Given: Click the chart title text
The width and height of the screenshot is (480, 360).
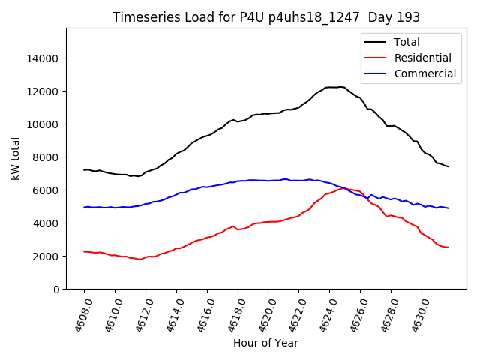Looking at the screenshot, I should tap(266, 17).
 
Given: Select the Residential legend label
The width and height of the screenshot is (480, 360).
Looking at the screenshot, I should tap(423, 58).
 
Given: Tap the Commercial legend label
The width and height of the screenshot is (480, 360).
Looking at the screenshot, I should tap(425, 73).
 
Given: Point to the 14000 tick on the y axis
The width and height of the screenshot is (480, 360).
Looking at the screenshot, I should tap(43, 58).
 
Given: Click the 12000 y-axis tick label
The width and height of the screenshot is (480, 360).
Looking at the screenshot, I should tap(43, 91).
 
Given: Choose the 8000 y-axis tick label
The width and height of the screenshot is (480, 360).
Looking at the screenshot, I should tap(46, 157).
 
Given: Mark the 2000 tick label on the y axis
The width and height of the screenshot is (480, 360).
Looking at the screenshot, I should tap(46, 256).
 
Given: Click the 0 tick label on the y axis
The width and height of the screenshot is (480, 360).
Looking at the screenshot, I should tap(56, 289).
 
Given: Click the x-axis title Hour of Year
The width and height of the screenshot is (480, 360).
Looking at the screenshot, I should tap(265, 343).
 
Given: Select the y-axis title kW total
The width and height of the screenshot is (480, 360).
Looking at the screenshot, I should tap(15, 159).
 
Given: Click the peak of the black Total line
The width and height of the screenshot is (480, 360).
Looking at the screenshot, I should tap(341, 87).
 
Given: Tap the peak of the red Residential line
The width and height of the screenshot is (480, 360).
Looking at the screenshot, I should tap(343, 188).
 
